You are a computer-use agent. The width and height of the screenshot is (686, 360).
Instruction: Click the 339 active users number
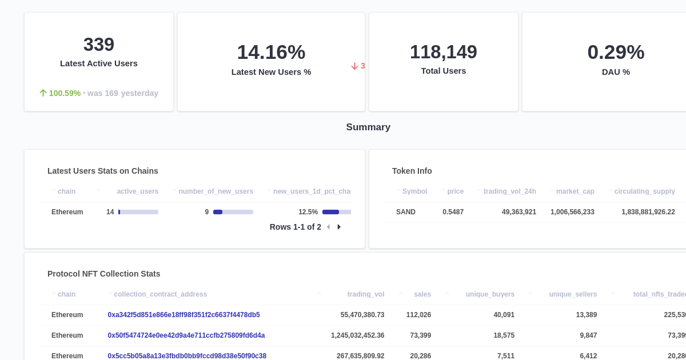click(x=99, y=45)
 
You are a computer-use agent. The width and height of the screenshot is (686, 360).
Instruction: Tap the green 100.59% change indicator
click(x=65, y=93)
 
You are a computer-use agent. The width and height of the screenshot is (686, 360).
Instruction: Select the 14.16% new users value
click(x=271, y=52)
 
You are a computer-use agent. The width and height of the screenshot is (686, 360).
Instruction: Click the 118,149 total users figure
click(x=443, y=52)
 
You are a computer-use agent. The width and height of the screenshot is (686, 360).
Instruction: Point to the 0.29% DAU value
click(x=616, y=52)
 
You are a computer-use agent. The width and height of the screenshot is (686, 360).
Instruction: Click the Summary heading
click(x=368, y=127)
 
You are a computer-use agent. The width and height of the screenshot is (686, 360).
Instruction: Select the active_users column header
click(x=137, y=191)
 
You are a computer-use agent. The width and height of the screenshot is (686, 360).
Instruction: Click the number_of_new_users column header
click(x=216, y=191)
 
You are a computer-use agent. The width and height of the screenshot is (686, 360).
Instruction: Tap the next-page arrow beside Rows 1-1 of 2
click(x=339, y=227)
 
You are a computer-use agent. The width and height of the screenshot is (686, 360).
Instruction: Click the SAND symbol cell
click(x=406, y=212)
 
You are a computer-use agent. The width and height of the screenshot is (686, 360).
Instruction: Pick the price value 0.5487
click(x=453, y=212)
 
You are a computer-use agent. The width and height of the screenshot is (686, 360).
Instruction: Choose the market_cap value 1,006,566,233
click(x=572, y=212)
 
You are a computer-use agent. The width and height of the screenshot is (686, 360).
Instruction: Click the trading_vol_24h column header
click(x=509, y=191)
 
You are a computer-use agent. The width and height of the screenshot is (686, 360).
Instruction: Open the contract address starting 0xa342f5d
click(x=184, y=315)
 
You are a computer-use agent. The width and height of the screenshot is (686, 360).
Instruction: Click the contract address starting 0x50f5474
click(x=186, y=335)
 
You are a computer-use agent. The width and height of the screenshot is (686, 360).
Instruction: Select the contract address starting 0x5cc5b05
click(x=187, y=356)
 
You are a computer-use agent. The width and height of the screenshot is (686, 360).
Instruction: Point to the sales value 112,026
click(x=418, y=315)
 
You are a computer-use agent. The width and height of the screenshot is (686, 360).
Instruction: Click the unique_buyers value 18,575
click(x=504, y=335)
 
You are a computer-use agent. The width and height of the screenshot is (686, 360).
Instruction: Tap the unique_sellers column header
click(x=573, y=294)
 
